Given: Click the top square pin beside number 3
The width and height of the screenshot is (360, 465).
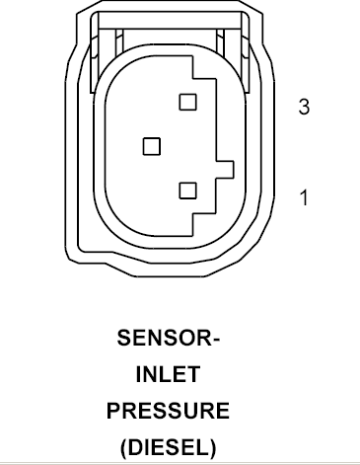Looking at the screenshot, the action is click(188, 102).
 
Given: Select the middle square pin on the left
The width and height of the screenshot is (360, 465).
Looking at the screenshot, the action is click(152, 146).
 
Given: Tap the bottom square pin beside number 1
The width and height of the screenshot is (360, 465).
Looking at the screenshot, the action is click(188, 191).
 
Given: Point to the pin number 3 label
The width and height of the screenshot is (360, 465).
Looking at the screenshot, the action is click(304, 107).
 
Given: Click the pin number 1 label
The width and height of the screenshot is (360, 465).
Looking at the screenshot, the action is click(305, 197).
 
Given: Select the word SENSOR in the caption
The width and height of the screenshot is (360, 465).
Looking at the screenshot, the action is click(163, 338).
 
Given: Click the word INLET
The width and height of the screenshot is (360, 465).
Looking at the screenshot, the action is click(168, 374).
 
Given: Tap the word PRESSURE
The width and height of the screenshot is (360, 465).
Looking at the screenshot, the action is click(168, 411).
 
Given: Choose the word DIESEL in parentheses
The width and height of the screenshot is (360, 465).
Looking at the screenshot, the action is click(169, 447).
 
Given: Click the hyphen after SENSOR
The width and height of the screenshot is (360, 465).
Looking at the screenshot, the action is click(214, 340).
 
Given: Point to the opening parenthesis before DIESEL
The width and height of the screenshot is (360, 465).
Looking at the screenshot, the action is click(123, 448).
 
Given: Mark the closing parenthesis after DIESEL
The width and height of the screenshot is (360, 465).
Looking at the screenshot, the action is click(213, 448).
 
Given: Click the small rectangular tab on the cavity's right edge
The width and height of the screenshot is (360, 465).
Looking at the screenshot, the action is click(225, 170).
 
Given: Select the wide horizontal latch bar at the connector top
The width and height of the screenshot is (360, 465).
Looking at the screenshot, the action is click(170, 20).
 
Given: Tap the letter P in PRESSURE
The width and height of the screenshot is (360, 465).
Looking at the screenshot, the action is click(113, 411).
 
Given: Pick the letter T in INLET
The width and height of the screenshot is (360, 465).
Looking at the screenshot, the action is click(193, 374).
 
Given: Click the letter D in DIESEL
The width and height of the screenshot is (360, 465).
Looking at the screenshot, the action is click(135, 447).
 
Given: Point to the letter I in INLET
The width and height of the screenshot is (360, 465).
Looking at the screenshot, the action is click(138, 374).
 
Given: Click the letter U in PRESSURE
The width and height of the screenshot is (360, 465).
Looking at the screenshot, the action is click(189, 411).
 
